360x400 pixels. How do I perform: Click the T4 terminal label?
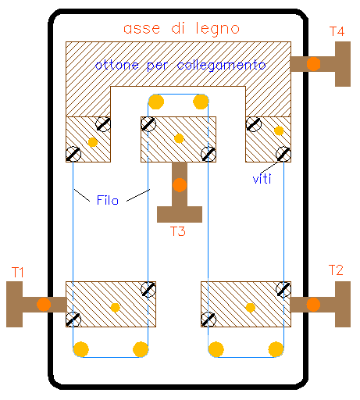pyautogui.click(x=337, y=31)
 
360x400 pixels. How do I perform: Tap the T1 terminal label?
pyautogui.click(x=18, y=273)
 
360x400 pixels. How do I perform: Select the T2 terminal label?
pyautogui.click(x=336, y=270)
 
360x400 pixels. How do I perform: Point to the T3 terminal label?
pyautogui.click(x=178, y=231)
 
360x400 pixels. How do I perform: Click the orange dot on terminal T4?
pyautogui.click(x=313, y=64)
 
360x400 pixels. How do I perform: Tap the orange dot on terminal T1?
pyautogui.click(x=44, y=305)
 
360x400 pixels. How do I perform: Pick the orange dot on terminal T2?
pyautogui.click(x=313, y=305)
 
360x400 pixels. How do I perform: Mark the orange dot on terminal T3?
pyautogui.click(x=180, y=185)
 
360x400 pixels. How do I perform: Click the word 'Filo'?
pyautogui.click(x=108, y=200)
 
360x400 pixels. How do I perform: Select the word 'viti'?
pyautogui.click(x=262, y=179)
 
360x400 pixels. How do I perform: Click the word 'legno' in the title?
pyautogui.click(x=218, y=29)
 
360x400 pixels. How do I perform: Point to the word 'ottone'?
pyautogui.click(x=117, y=65)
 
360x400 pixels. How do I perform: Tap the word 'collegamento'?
pyautogui.click(x=222, y=65)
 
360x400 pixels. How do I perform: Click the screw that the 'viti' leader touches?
pyautogui.click(x=283, y=154)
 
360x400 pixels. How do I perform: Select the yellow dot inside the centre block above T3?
pyautogui.click(x=179, y=138)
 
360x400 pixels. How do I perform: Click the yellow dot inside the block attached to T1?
pyautogui.click(x=115, y=308)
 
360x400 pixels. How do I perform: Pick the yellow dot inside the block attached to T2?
pyautogui.click(x=251, y=308)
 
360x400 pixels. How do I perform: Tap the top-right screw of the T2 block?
pyautogui.click(x=283, y=289)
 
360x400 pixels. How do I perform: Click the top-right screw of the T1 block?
pyautogui.click(x=148, y=289)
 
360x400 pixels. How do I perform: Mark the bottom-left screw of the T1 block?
pyautogui.click(x=73, y=320)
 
